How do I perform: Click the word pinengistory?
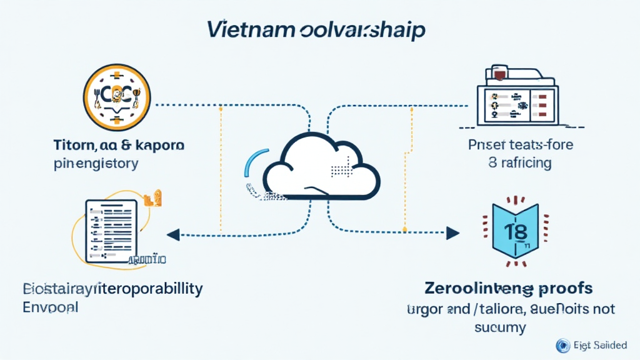click(x=96, y=164)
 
